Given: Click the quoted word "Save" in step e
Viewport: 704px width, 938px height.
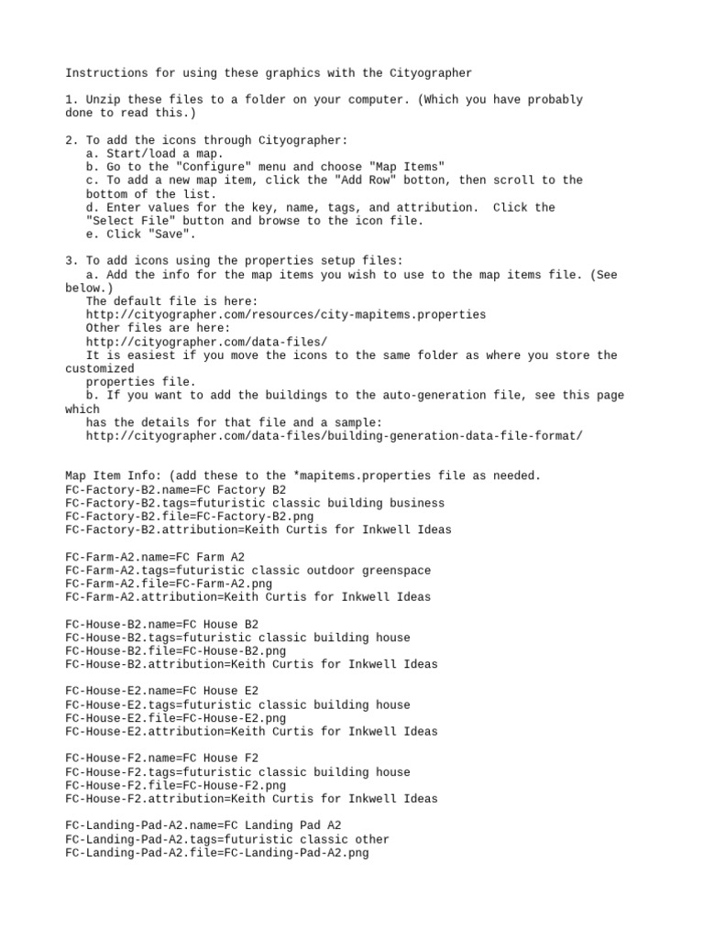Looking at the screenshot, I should pyautogui.click(x=175, y=234).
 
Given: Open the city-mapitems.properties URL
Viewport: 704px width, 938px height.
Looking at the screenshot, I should pyautogui.click(x=286, y=314).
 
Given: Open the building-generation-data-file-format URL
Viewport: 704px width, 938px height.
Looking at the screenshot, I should pyautogui.click(x=334, y=436).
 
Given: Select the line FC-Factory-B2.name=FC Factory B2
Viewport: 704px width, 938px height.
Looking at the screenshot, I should pyautogui.click(x=175, y=490).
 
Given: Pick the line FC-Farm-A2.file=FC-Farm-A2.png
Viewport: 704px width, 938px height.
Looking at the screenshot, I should pyautogui.click(x=169, y=584).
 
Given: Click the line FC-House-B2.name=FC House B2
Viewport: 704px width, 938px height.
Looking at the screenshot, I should pyautogui.click(x=161, y=625).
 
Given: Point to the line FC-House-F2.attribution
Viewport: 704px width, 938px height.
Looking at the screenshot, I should pyautogui.click(x=251, y=799).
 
